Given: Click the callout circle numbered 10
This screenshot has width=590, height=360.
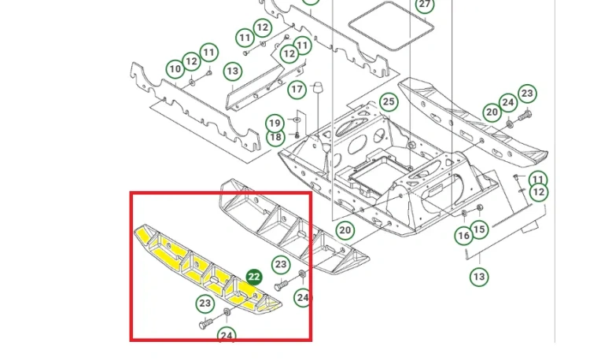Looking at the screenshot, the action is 175,69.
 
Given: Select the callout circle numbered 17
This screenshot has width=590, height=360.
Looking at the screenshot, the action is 297,90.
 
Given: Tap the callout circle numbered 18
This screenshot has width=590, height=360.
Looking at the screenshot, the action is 275,137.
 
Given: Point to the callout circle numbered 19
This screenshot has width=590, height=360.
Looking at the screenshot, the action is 275,123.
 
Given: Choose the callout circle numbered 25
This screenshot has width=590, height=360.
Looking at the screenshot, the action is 389,102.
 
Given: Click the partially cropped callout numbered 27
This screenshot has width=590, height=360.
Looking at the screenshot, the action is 425,6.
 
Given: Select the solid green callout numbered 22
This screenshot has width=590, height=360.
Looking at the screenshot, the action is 254,277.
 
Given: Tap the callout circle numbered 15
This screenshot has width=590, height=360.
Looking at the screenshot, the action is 479,230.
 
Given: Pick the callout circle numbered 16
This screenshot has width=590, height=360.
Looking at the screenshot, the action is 463,236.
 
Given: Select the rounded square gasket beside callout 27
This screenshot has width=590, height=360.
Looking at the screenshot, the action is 391,26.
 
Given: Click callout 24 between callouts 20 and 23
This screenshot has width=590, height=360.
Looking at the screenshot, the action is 508,103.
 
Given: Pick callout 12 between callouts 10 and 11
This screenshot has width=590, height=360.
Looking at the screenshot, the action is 191,61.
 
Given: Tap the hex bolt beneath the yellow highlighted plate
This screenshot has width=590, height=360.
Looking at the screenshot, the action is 206,323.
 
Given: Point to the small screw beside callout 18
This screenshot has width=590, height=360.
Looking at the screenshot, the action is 297,135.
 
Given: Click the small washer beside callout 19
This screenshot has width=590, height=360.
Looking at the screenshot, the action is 297,119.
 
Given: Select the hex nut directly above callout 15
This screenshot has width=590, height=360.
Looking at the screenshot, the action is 479,208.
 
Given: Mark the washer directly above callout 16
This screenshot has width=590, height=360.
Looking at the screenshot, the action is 464,214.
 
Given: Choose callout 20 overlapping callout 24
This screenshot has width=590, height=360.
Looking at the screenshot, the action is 492,112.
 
